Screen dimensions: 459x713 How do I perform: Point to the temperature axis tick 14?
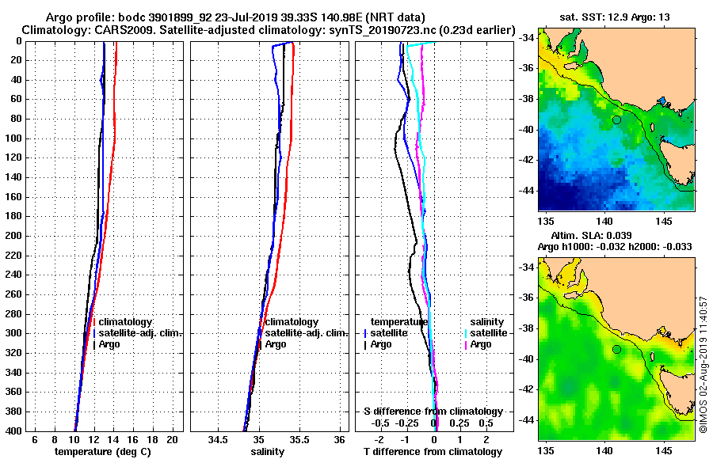click(113, 439)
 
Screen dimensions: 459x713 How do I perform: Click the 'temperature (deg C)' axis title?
click(102, 451)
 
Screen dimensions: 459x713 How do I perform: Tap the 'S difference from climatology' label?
click(433, 412)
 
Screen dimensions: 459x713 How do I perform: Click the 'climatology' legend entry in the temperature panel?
click(127, 322)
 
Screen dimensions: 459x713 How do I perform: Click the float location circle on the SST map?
click(616, 119)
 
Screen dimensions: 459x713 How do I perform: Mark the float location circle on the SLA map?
click(616, 349)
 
